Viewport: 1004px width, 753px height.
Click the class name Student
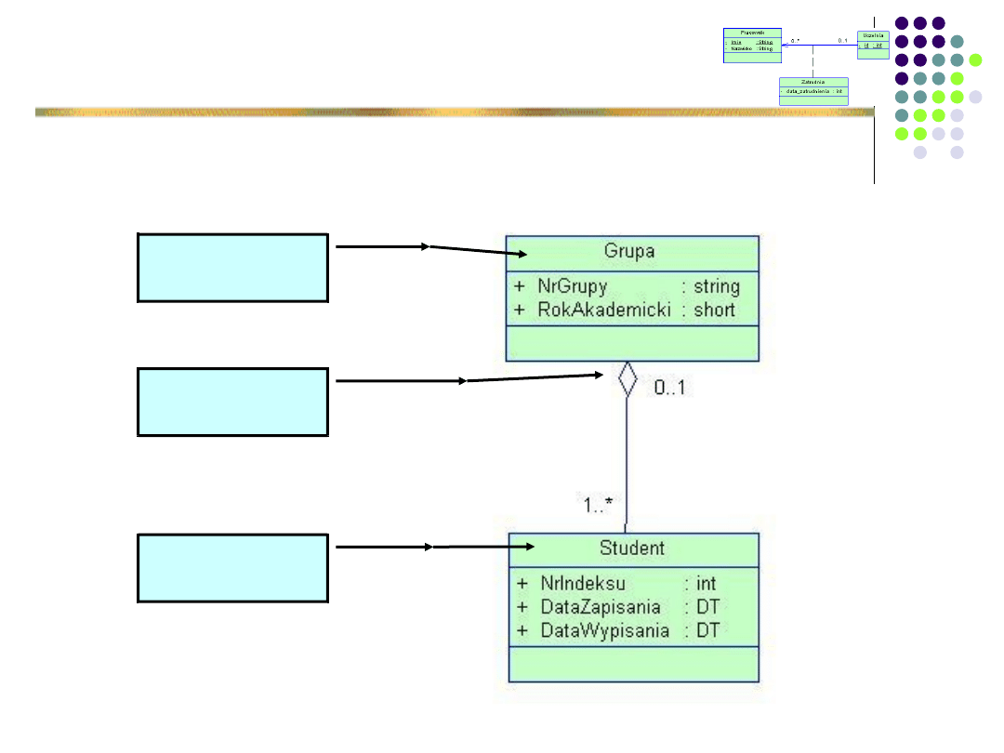coord(632,548)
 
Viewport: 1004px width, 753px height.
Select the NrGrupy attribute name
coord(572,286)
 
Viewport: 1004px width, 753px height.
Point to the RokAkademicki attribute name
coord(603,310)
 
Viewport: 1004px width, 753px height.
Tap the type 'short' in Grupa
coord(714,310)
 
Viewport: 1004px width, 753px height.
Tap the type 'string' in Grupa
coord(717,286)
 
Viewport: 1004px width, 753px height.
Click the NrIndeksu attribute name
coord(583,584)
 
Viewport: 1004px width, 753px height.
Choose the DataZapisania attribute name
coord(601,607)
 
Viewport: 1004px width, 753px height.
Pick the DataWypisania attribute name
coord(604,630)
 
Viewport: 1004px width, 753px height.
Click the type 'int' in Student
coord(707,584)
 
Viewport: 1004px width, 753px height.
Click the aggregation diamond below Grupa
coord(627,379)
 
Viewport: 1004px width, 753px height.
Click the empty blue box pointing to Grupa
coord(232,268)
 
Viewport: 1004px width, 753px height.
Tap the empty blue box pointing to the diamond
coord(232,402)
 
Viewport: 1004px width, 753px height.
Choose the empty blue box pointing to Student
coord(232,568)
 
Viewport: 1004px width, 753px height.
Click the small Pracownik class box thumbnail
coord(752,45)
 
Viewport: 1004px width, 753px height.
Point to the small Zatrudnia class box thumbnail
coord(812,90)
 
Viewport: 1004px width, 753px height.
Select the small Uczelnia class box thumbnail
coord(873,44)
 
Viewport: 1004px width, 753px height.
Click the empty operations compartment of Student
coord(633,664)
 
